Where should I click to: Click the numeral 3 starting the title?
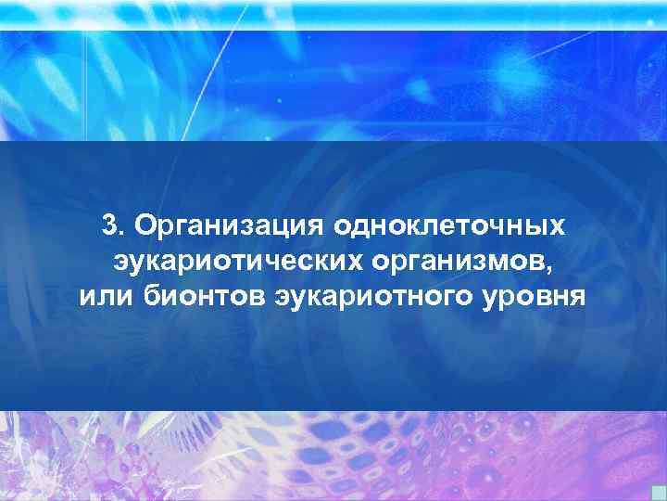click(109, 225)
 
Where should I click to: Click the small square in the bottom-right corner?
click(659, 492)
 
